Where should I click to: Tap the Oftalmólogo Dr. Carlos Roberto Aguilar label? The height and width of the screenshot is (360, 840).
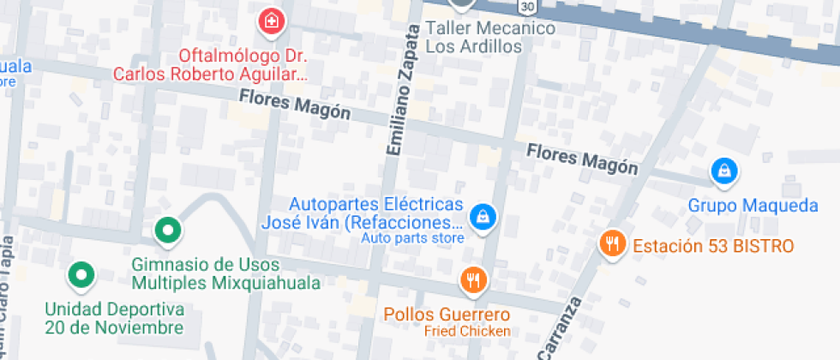click(x=242, y=65)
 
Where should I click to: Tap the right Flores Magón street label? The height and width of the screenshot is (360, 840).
click(x=582, y=159)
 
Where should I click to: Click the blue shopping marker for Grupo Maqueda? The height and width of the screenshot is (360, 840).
click(x=724, y=171)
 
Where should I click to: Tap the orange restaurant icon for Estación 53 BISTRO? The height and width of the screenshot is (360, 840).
click(x=611, y=243)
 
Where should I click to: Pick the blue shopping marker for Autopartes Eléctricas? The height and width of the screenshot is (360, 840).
click(x=484, y=215)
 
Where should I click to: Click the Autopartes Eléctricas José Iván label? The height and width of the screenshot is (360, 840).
click(x=364, y=214)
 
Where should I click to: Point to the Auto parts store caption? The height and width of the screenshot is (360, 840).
click(x=411, y=238)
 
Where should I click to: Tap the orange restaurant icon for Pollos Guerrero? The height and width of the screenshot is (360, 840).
click(x=473, y=279)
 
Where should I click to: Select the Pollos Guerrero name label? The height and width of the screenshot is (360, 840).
click(x=447, y=314)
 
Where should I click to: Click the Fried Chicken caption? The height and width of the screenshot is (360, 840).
click(x=467, y=331)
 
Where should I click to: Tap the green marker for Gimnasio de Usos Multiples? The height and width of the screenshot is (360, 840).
click(x=167, y=230)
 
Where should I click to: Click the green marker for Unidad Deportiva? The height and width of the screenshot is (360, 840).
click(x=81, y=274)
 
